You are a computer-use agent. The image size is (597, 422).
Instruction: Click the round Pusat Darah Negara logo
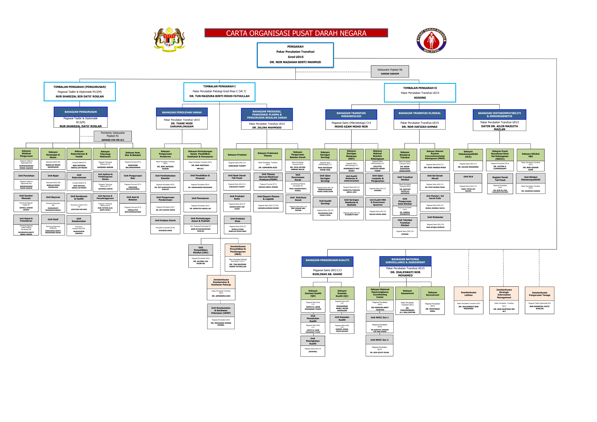tap(431, 40)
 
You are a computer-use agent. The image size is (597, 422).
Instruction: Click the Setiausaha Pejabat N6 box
tap(390, 71)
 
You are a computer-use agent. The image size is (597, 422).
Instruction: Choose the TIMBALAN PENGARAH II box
tap(420, 93)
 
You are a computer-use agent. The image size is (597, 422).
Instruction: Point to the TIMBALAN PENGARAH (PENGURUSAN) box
tap(80, 91)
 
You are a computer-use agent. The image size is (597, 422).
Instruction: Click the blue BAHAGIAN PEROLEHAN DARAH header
tap(182, 112)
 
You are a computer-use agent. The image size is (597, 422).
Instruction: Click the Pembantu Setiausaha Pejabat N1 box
tap(113, 136)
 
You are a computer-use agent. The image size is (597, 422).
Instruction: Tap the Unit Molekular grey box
tap(435, 217)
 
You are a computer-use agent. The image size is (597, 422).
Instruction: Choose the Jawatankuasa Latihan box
tap(468, 294)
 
